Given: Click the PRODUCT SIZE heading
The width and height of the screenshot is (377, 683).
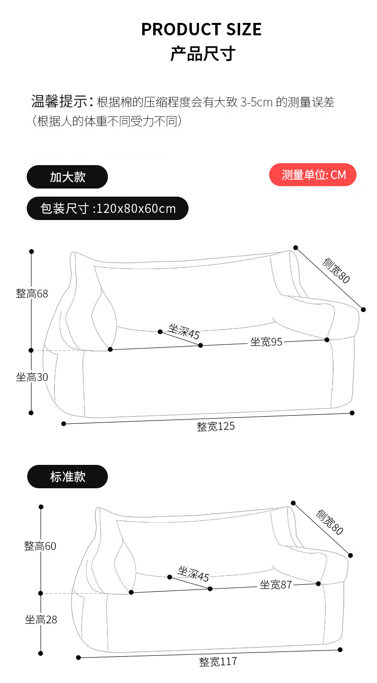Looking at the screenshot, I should tap(201, 30).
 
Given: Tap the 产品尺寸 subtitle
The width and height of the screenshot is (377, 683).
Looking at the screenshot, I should tap(203, 53).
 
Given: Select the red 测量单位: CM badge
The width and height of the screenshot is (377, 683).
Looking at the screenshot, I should tap(313, 175).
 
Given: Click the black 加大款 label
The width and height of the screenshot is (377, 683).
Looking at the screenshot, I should tap(67, 177).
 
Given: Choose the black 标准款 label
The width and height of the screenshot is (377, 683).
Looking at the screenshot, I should tap(67, 476).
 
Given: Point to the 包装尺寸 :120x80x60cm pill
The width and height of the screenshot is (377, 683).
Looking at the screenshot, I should tap(107, 209).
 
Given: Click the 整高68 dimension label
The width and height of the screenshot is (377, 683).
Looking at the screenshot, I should tap(32, 294).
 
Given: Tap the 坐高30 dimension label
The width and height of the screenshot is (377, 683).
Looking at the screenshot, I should tap(32, 377).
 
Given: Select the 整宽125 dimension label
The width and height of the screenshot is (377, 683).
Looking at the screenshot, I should tap(216, 426).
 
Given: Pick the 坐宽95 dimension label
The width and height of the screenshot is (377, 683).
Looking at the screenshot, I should tap(266, 342).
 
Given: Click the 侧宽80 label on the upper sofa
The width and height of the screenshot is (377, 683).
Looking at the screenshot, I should tap(336, 271).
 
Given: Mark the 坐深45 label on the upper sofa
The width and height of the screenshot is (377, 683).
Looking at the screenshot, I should tap(184, 331).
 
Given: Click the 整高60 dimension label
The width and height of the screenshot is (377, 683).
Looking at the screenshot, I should tap(40, 546).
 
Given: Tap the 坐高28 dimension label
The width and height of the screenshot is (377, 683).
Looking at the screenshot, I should tap(41, 620).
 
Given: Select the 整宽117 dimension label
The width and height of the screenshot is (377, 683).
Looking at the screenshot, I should tap(218, 662).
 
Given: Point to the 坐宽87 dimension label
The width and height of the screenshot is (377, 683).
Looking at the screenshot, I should tap(275, 585).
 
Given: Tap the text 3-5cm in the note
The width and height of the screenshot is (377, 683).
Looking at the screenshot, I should tap(257, 102).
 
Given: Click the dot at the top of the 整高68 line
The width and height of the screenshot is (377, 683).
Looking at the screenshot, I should tap(31, 251).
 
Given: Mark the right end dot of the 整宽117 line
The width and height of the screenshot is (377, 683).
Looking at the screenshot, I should tap(340, 650).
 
